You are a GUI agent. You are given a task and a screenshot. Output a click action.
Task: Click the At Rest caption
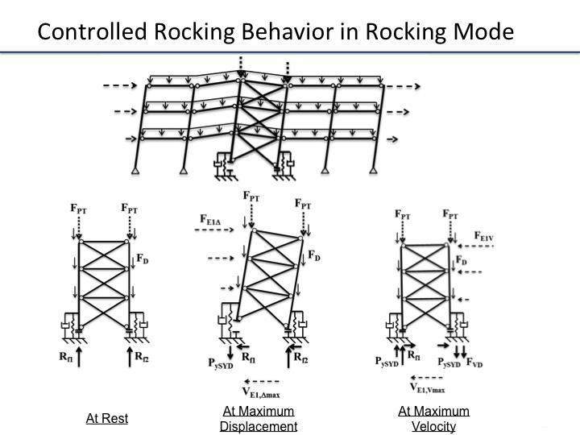(107, 418)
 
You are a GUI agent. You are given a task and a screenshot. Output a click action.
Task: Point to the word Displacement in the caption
(259, 426)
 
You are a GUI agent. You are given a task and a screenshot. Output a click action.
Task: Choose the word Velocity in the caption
(433, 426)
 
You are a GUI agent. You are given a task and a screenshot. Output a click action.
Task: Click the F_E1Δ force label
(215, 218)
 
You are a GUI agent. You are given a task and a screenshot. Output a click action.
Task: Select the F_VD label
(475, 364)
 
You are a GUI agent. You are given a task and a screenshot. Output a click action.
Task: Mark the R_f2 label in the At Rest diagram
(142, 355)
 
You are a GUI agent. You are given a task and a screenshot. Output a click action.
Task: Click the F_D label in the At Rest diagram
(142, 260)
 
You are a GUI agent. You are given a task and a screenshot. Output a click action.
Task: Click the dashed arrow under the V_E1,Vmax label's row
(427, 376)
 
